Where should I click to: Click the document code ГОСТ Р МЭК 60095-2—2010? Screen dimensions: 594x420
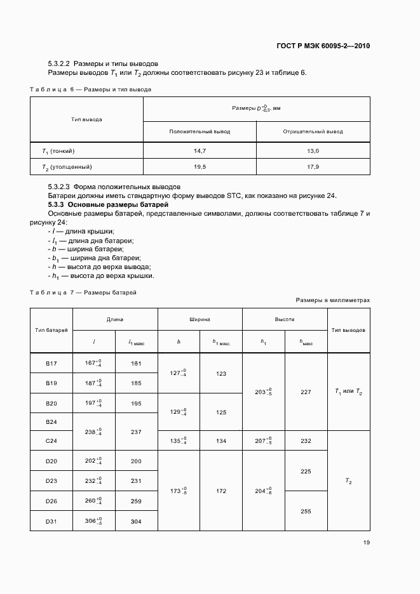(x=324, y=46)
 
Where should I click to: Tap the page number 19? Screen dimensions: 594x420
(x=366, y=542)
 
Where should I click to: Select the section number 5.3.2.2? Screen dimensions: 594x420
(x=60, y=63)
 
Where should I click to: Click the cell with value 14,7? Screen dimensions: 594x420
(x=200, y=150)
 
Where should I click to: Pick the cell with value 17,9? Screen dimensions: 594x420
(x=313, y=166)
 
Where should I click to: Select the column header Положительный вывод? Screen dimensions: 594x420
(x=200, y=131)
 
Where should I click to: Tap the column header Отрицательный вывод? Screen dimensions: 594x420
(x=313, y=131)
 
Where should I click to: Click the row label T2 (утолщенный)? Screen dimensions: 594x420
(x=67, y=166)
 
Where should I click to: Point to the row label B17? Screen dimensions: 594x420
(x=51, y=363)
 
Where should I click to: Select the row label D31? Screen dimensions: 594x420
(x=51, y=521)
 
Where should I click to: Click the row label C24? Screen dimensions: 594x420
(x=51, y=441)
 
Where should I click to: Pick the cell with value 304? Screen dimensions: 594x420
(x=136, y=521)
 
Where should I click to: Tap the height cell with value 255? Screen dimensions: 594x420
(x=306, y=510)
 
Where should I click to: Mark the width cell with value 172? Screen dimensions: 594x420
(x=221, y=491)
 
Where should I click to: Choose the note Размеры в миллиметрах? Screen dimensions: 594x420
(x=332, y=300)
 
